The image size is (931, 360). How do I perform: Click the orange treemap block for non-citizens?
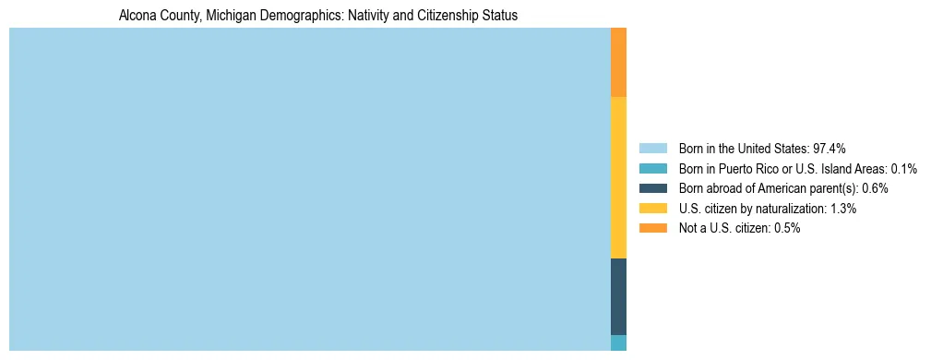point(618,62)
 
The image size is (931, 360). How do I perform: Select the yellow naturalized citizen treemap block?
point(618,177)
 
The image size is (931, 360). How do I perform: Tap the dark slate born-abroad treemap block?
point(618,296)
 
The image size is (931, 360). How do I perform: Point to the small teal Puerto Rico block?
point(618,342)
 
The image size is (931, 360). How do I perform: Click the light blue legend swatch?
point(652,148)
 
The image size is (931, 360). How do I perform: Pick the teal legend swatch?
point(652,168)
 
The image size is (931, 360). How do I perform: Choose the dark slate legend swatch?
point(652,188)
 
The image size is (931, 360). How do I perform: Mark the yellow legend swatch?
point(652,209)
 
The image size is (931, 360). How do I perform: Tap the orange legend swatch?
point(652,229)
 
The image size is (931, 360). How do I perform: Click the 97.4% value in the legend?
point(830,148)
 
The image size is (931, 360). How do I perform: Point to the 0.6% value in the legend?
point(875,188)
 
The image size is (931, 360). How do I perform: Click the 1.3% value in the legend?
point(843,209)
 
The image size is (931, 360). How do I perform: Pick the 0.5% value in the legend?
point(787,229)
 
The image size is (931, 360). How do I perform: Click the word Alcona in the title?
point(138,16)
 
